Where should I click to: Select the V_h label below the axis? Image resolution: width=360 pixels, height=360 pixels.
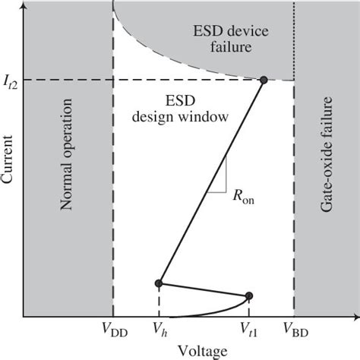click(159, 330)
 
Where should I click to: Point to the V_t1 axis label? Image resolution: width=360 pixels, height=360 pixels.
click(249, 330)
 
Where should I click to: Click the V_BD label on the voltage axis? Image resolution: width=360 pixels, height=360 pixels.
click(295, 330)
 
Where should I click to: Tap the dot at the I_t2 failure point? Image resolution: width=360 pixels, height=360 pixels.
click(264, 80)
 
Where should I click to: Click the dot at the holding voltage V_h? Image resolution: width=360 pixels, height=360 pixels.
click(159, 283)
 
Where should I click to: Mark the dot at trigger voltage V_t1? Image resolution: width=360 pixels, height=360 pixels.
click(248, 295)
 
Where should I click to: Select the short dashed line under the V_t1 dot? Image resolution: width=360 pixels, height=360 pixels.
click(248, 307)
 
